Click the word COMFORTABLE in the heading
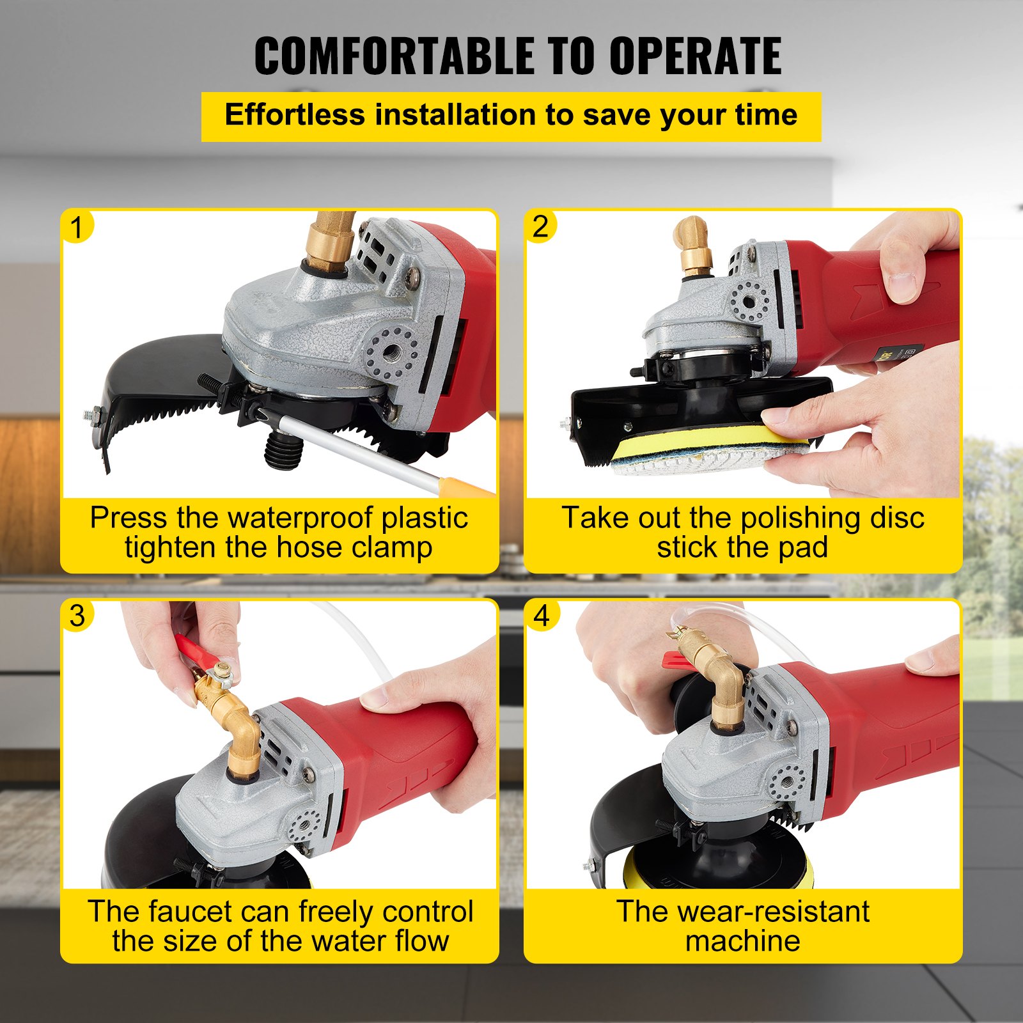click(394, 56)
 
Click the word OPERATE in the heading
click(695, 56)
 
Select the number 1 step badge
click(77, 228)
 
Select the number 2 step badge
click(540, 226)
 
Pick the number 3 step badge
click(77, 616)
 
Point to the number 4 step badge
click(541, 616)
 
